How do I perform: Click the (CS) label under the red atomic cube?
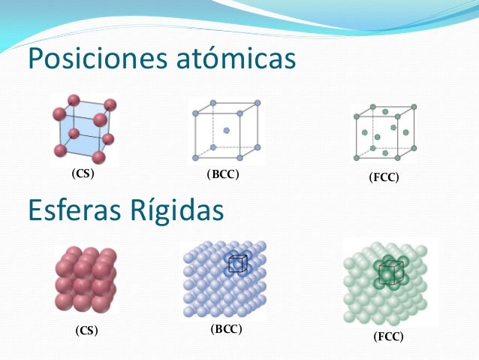(x=83, y=174)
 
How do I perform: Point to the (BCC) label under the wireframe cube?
(x=222, y=174)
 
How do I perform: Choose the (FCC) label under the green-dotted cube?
(x=384, y=178)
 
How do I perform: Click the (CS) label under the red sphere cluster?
(x=86, y=330)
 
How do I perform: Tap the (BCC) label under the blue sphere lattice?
(x=226, y=328)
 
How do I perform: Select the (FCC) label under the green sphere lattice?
(x=388, y=336)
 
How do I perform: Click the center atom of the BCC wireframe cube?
(x=226, y=130)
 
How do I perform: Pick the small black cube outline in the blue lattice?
(x=237, y=264)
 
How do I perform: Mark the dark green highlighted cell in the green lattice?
(x=387, y=273)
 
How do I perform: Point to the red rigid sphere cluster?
(x=84, y=280)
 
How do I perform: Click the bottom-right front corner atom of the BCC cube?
(x=239, y=158)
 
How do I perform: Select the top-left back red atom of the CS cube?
(x=73, y=99)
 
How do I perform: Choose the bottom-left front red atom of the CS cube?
(x=60, y=151)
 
